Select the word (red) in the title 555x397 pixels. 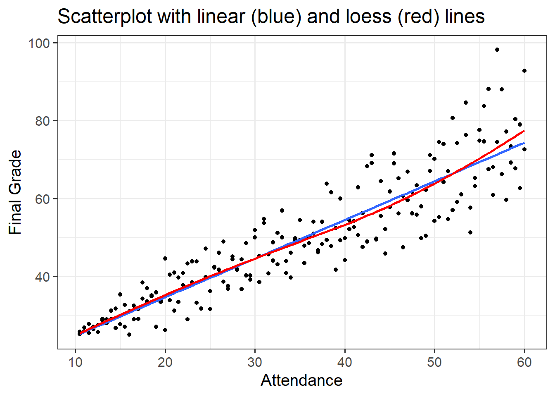pos(418,17)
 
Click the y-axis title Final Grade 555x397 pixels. pos(15,192)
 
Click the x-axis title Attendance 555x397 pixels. pos(301,380)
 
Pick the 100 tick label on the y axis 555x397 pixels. pos(39,43)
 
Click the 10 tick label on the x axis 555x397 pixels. pos(75,362)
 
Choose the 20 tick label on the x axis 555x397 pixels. pos(165,362)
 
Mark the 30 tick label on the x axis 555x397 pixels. pos(255,362)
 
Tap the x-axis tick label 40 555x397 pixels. pos(345,362)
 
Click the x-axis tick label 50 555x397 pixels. pos(434,362)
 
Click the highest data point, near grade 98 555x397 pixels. pos(497,50)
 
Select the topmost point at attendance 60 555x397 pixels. pos(524,71)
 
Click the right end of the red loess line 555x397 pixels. pos(524,131)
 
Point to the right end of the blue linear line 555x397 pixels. pos(524,143)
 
